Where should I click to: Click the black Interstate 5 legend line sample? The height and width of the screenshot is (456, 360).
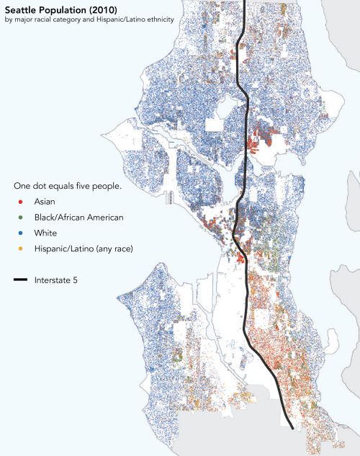tap(20, 280)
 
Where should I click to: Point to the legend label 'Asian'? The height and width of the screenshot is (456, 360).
tap(45, 202)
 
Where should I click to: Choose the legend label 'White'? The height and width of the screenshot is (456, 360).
tap(45, 233)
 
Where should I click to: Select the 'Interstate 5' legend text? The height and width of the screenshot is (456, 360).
tap(57, 280)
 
